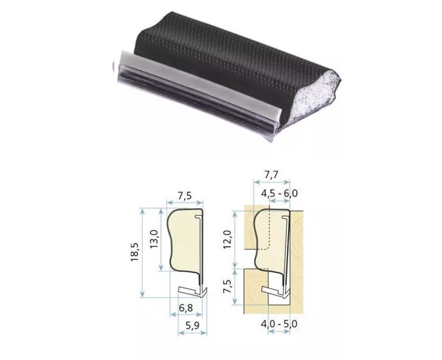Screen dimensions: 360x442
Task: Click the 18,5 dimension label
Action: point(135,252)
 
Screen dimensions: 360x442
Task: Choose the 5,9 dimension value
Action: point(192,326)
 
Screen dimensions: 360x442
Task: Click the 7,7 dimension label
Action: point(271,175)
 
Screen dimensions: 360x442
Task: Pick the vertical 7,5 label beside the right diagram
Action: point(229,288)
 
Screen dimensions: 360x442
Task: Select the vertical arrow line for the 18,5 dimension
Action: point(142,252)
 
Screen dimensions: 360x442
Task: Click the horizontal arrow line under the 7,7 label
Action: point(271,182)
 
